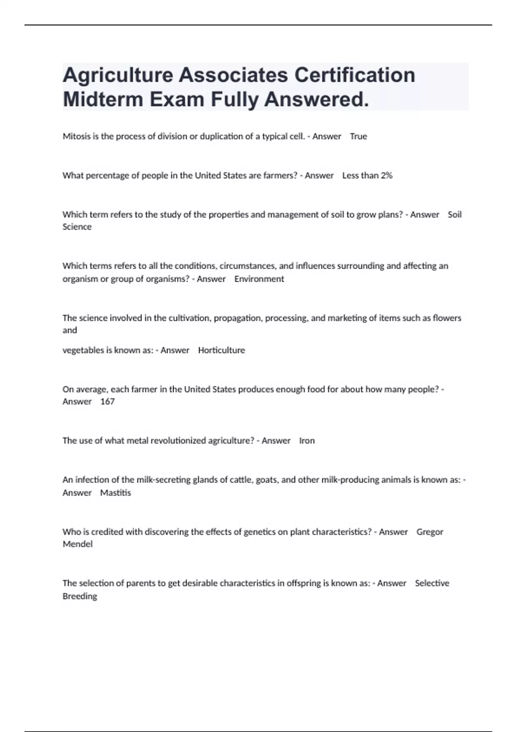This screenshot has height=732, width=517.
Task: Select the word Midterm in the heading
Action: pos(103,99)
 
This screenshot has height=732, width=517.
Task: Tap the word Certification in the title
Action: pos(355,75)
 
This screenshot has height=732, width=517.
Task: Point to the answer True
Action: pos(358,136)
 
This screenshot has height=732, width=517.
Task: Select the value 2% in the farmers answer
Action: pos(386,176)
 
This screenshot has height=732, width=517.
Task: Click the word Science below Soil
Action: pos(77,227)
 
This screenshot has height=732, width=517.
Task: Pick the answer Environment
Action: pos(259,279)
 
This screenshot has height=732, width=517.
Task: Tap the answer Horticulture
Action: pos(221,350)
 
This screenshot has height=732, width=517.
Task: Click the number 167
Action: pos(107,402)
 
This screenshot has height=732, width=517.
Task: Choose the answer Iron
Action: pos(307,441)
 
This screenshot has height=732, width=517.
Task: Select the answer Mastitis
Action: pos(115,493)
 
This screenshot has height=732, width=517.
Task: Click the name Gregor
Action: pos(430,532)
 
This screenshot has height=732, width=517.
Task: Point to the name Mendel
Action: pos(78,544)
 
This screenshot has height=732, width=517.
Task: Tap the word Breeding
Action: pos(80,596)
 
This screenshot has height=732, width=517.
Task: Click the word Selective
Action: pos(432,583)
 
